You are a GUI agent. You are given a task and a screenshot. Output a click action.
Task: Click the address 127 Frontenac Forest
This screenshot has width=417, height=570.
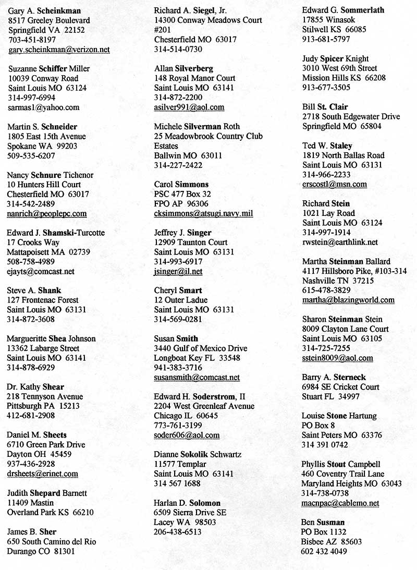click(x=43, y=300)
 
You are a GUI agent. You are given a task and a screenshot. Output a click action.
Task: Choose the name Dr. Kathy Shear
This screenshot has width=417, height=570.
click(x=35, y=387)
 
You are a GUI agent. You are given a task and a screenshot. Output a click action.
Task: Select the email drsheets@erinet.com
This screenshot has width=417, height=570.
click(x=43, y=474)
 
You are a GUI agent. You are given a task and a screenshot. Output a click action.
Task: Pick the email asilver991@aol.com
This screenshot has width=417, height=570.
click(x=189, y=107)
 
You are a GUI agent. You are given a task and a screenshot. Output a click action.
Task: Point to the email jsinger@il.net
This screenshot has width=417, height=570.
click(x=178, y=271)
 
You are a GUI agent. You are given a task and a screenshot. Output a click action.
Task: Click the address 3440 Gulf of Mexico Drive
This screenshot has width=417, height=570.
click(x=201, y=348)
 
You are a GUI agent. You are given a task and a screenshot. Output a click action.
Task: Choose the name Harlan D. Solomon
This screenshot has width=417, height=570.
click(x=187, y=503)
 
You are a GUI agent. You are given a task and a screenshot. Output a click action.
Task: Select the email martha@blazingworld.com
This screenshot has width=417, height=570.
click(x=348, y=300)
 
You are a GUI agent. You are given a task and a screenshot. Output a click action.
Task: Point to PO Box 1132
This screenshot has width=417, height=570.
click(x=324, y=532)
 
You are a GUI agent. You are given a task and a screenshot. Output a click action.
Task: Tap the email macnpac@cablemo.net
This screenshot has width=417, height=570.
click(x=340, y=503)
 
